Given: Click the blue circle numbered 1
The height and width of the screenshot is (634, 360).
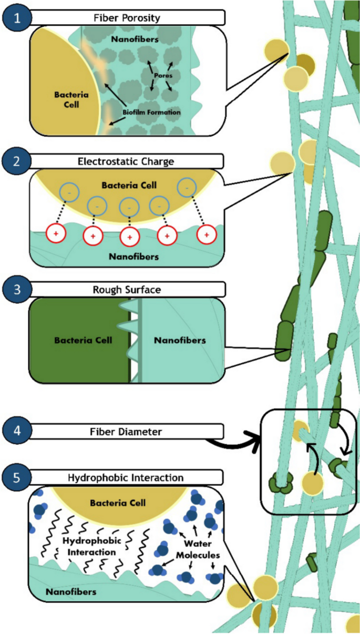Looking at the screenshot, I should pos(15,18).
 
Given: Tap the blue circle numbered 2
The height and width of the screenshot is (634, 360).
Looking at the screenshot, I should pos(15,161).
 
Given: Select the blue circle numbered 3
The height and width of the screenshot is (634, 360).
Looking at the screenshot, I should pos(15,289).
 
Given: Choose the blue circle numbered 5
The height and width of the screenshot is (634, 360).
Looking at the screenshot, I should pos(15,478).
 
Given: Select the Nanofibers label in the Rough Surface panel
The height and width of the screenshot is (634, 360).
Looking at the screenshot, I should pos(180,340).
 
